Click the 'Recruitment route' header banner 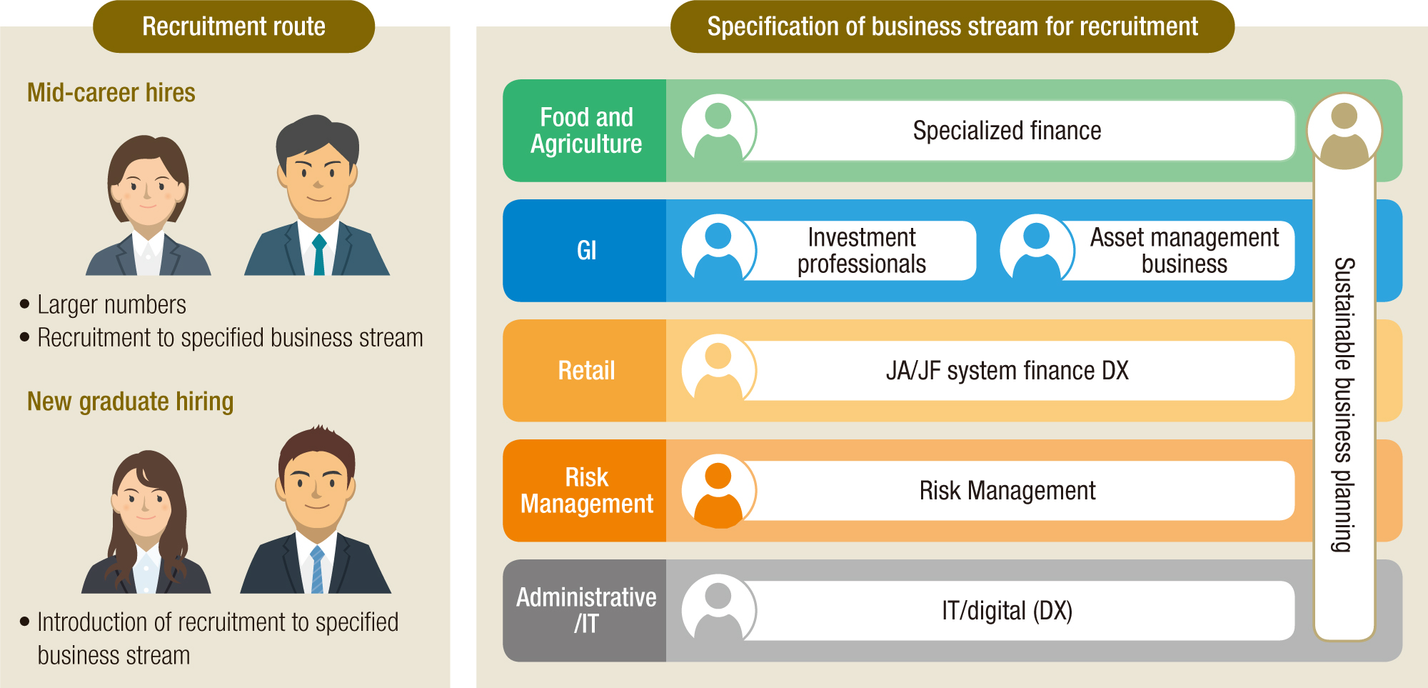click(233, 26)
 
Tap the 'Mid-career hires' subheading click(111, 93)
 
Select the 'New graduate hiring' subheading click(130, 402)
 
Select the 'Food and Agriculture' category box click(585, 131)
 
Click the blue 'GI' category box click(585, 251)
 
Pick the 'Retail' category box click(585, 371)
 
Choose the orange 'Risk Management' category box click(585, 491)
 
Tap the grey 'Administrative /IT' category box click(585, 611)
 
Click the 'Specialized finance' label click(1007, 131)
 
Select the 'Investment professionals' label click(861, 251)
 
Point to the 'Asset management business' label click(1184, 251)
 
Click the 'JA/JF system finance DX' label click(1007, 371)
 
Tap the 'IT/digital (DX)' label click(1007, 611)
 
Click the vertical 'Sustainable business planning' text click(1344, 404)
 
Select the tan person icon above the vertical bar click(1344, 131)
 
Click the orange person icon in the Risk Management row click(718, 492)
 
